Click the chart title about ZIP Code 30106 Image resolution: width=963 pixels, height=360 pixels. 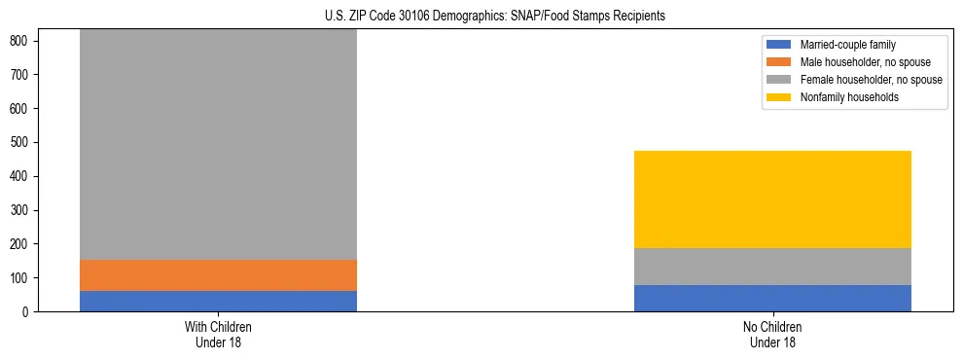(495, 17)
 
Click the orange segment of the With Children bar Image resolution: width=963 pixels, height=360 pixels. (218, 275)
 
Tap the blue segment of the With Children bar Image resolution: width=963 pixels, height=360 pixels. (218, 301)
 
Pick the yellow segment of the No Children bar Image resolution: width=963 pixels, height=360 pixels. (772, 199)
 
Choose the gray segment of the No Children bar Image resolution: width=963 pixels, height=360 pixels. (772, 267)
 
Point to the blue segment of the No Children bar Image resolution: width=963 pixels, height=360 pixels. (772, 298)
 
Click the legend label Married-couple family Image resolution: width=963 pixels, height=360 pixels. (848, 45)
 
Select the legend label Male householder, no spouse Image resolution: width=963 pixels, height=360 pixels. (861, 62)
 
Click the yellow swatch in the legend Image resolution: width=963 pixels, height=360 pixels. (779, 97)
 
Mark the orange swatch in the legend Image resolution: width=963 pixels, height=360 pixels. (779, 62)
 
